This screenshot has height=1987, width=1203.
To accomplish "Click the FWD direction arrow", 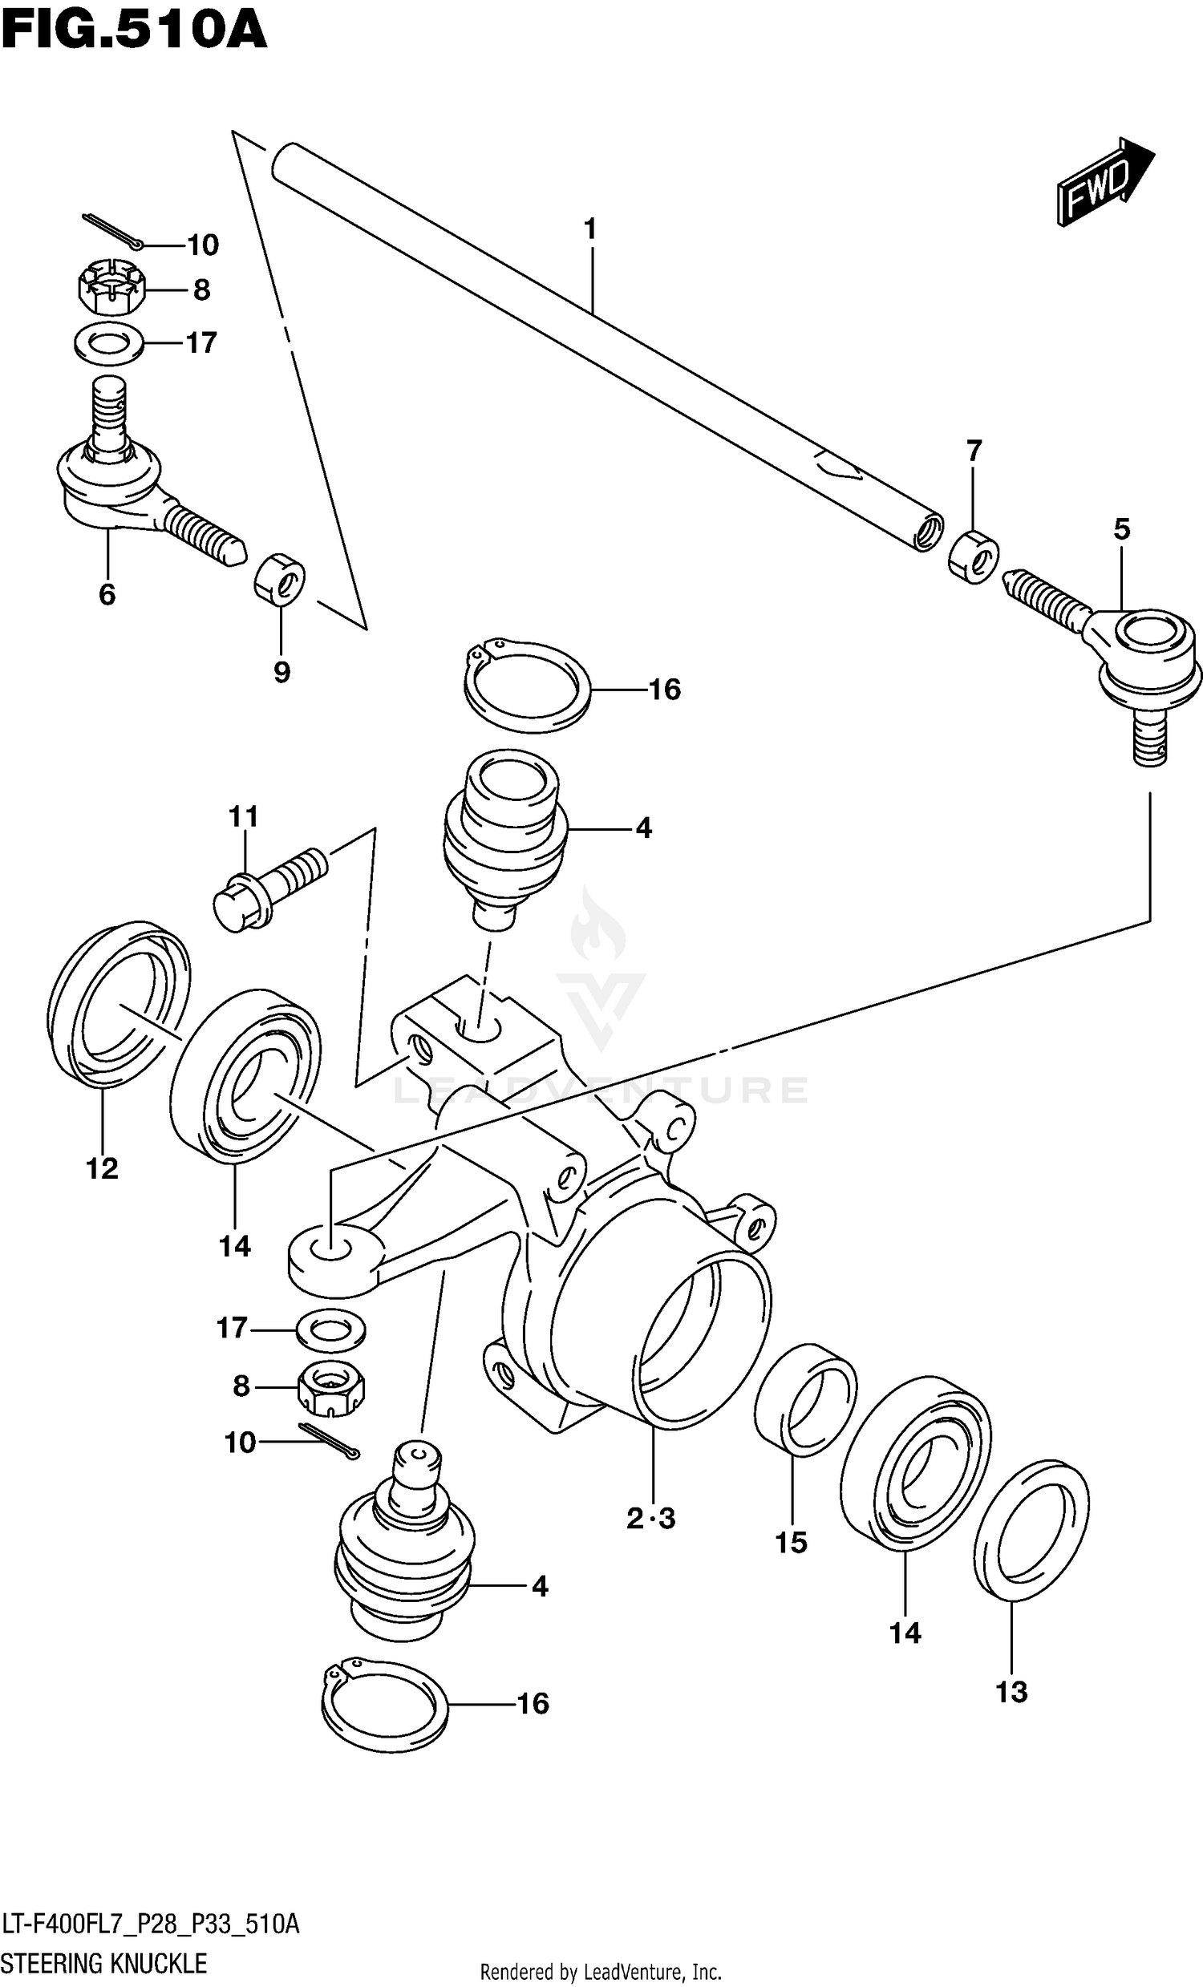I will tap(1105, 181).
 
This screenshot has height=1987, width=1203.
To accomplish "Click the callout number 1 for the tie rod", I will tap(590, 230).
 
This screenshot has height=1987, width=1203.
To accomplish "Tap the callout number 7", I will tap(974, 451).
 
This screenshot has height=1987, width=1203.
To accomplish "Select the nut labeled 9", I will tap(280, 577).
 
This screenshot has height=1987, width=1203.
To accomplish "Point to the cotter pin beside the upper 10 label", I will tap(113, 232).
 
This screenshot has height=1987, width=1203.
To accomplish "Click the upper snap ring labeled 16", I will tap(527, 686).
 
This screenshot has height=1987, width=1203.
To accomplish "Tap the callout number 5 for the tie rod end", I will tap(1121, 529).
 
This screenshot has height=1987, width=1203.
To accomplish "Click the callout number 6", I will tap(107, 595).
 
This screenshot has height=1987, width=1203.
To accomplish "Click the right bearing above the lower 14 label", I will tap(915, 1462).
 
